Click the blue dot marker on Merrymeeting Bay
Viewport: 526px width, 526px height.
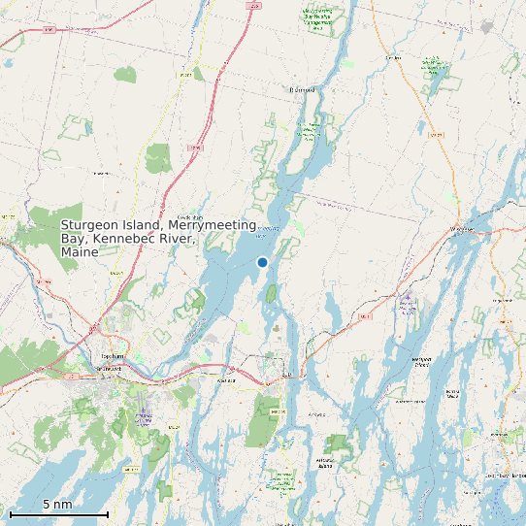click(x=262, y=262)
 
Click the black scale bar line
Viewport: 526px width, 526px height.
click(x=58, y=513)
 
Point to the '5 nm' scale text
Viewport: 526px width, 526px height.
click(x=57, y=504)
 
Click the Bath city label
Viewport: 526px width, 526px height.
click(x=286, y=375)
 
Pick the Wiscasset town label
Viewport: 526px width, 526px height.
click(x=463, y=229)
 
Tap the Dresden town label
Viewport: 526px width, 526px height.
click(x=393, y=57)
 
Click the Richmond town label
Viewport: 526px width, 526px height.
click(x=303, y=90)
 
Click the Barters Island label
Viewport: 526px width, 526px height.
click(x=452, y=393)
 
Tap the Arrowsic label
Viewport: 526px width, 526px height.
click(x=316, y=413)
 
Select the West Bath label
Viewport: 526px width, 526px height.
click(x=228, y=381)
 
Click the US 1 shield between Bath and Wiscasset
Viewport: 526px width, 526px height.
click(x=365, y=316)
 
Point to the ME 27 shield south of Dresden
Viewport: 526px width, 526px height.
click(x=436, y=134)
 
